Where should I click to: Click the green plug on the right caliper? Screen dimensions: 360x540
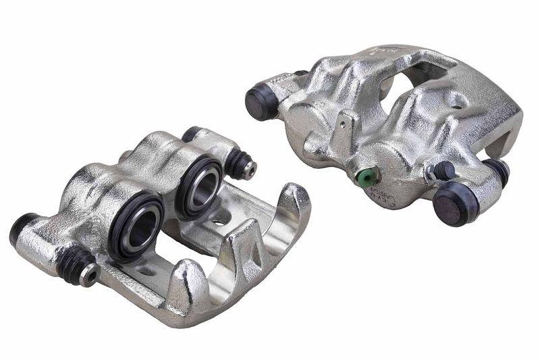tap(366, 176)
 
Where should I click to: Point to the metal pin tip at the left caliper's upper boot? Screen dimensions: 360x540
tap(250, 168)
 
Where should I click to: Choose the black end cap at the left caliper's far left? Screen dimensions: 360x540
tap(20, 227)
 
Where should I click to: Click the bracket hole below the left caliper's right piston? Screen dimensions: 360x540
tap(219, 220)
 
